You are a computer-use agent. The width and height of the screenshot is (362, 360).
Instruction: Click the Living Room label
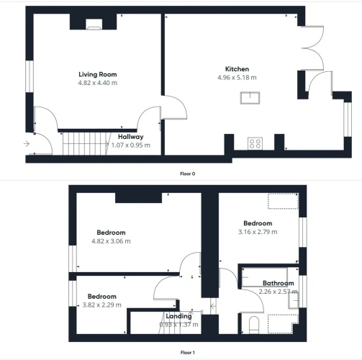coord(98,74)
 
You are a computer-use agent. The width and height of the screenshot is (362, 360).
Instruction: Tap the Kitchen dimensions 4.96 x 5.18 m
coord(237,78)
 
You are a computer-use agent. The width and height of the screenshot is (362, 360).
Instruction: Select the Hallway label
coord(131,137)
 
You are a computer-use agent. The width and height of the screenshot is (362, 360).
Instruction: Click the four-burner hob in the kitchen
coord(255,143)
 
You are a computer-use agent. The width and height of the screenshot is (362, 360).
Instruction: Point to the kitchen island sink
coord(250,98)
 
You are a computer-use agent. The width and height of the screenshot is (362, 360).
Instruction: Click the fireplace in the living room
coord(94,24)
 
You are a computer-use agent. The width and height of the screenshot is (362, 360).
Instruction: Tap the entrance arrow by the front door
coord(27,144)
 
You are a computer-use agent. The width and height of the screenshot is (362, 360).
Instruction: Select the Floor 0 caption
coord(188,174)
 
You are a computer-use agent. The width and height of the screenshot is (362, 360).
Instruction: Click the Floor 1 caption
coord(188,353)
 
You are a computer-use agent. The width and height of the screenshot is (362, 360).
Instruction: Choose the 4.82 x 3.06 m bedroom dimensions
coord(111,241)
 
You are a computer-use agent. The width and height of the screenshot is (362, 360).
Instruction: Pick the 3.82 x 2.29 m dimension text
coord(102,305)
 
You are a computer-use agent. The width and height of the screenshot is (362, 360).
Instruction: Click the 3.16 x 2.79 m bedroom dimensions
coord(258,232)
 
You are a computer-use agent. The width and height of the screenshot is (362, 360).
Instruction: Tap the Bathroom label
coord(279,283)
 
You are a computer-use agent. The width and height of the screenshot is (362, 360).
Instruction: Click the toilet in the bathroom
coord(254,325)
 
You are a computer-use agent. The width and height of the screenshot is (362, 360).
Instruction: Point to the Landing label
coord(178,316)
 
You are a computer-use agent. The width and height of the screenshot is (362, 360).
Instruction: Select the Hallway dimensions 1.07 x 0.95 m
coord(131,145)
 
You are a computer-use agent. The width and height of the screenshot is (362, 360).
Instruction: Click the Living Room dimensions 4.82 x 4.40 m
coord(98,83)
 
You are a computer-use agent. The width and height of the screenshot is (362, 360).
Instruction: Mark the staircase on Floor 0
coord(86,143)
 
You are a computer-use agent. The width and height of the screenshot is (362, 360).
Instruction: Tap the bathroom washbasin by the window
coord(294,301)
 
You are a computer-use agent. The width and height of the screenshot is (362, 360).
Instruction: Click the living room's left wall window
coord(30,76)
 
